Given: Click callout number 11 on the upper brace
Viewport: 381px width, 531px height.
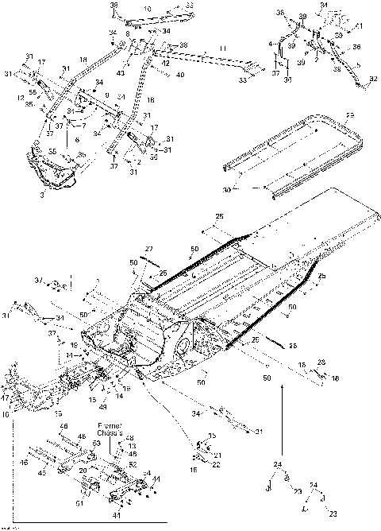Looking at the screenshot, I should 223,49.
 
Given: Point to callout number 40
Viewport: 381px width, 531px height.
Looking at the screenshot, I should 180,76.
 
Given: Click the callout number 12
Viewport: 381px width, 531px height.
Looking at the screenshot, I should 21,99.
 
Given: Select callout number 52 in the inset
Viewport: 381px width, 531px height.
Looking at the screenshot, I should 132,464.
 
